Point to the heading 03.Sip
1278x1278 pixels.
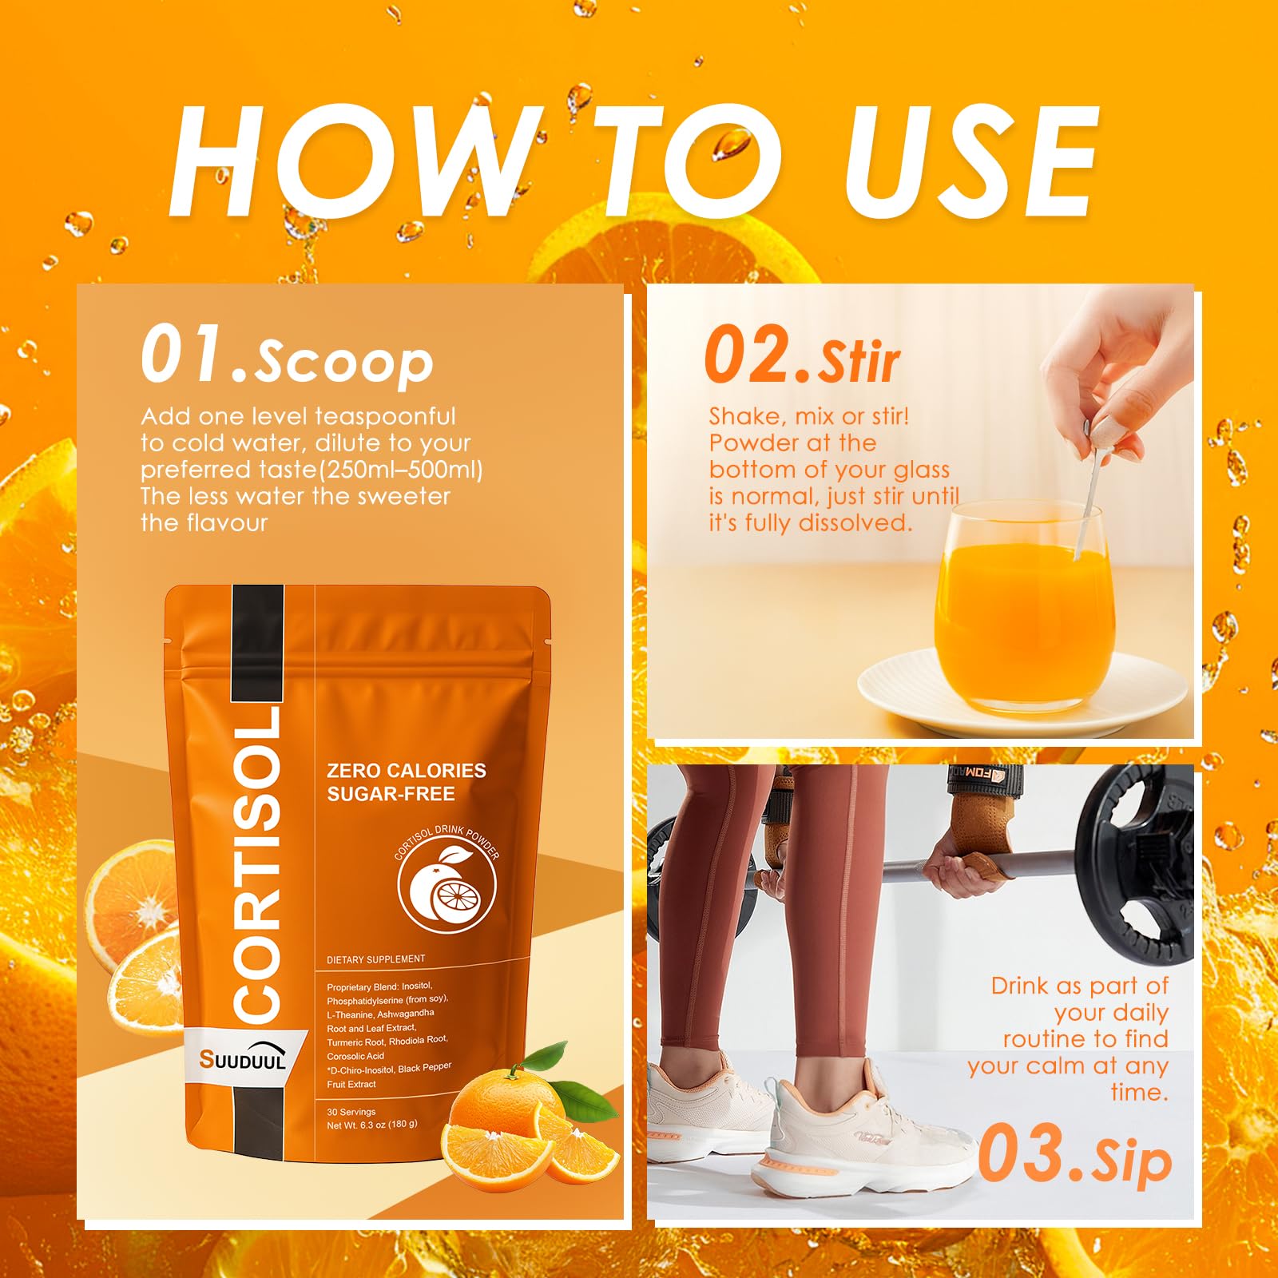1075,1155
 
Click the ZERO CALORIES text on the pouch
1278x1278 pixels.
406,771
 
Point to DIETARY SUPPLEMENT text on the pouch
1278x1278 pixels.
375,959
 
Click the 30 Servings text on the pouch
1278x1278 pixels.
351,1112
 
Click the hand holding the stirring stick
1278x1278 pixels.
1118,375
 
